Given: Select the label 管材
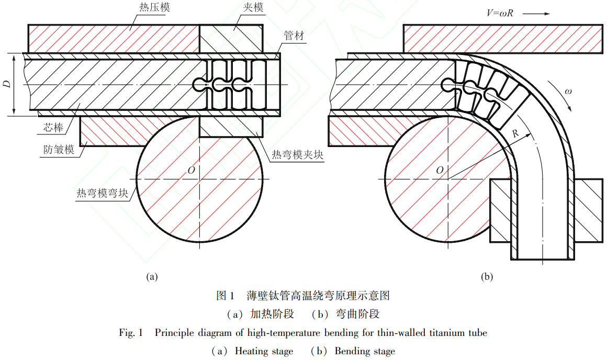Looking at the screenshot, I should click(294, 36).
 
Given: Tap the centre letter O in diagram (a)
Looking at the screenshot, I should click(192, 171).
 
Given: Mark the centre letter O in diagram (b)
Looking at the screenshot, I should click(440, 171).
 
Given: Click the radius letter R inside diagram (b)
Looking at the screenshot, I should click(515, 134).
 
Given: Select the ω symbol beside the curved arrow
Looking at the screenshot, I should click(568, 91).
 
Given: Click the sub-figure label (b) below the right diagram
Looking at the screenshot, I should click(487, 276).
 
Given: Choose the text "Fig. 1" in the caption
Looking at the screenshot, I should click(131, 333).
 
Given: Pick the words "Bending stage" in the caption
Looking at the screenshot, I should click(365, 351).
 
